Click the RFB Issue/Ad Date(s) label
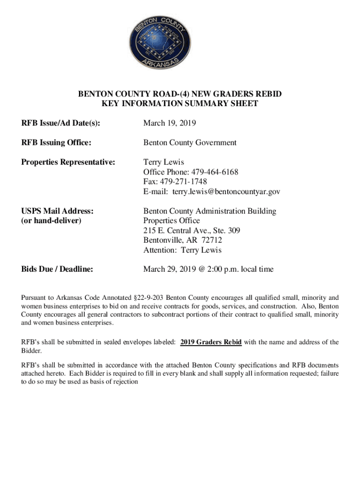coord(61,123)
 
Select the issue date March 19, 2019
coord(170,123)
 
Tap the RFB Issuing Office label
coord(56,143)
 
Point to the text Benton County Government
coord(190,143)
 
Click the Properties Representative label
coord(68,162)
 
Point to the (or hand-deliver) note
coord(51,220)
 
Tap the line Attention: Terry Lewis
coord(182,250)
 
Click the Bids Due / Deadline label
coord(57,269)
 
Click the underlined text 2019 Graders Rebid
coord(211,342)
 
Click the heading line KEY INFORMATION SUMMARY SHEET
coord(180,104)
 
